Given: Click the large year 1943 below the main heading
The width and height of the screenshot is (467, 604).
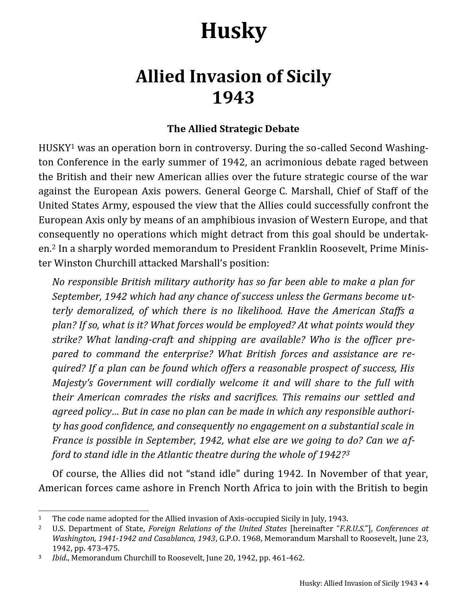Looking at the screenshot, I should pyautogui.click(x=233, y=98).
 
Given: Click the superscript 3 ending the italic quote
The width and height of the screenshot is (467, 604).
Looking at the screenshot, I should pyautogui.click(x=348, y=453).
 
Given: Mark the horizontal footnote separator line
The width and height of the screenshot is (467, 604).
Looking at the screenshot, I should pyautogui.click(x=93, y=510).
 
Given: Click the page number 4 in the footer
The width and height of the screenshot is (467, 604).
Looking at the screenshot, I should pyautogui.click(x=426, y=583).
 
